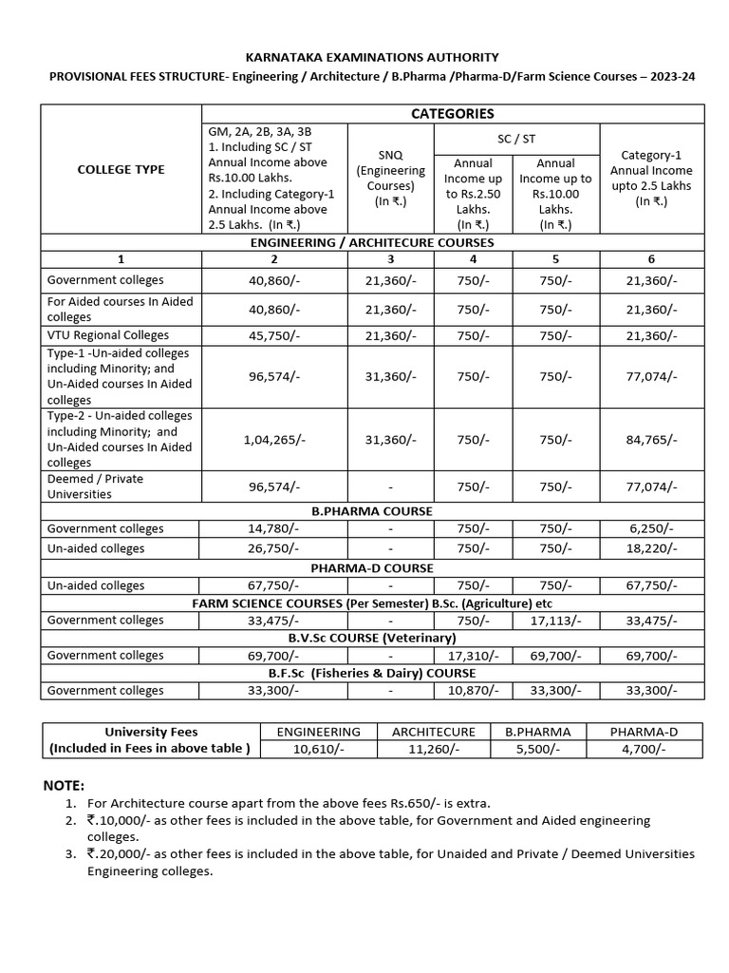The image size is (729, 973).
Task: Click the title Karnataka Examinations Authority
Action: pos(372,57)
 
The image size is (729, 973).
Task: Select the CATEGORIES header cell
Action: pos(452,113)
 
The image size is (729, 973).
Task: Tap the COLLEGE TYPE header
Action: pos(121,169)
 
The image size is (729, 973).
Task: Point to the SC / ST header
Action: pos(516,138)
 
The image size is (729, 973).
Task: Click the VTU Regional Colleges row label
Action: pos(108,334)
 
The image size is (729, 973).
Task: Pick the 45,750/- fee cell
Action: pos(274,335)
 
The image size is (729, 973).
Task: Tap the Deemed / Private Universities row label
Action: pos(95,486)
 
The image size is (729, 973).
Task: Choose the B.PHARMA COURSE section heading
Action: pos(372,510)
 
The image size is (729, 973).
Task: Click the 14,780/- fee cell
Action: pos(274,528)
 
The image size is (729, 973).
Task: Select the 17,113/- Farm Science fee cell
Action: pos(555,620)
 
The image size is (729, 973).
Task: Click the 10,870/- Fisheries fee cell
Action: pos(473,691)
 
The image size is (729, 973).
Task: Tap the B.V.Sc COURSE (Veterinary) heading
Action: pos(372,638)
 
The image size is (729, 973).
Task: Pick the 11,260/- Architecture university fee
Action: pos(433,749)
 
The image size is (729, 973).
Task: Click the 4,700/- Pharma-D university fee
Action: pos(643,749)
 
